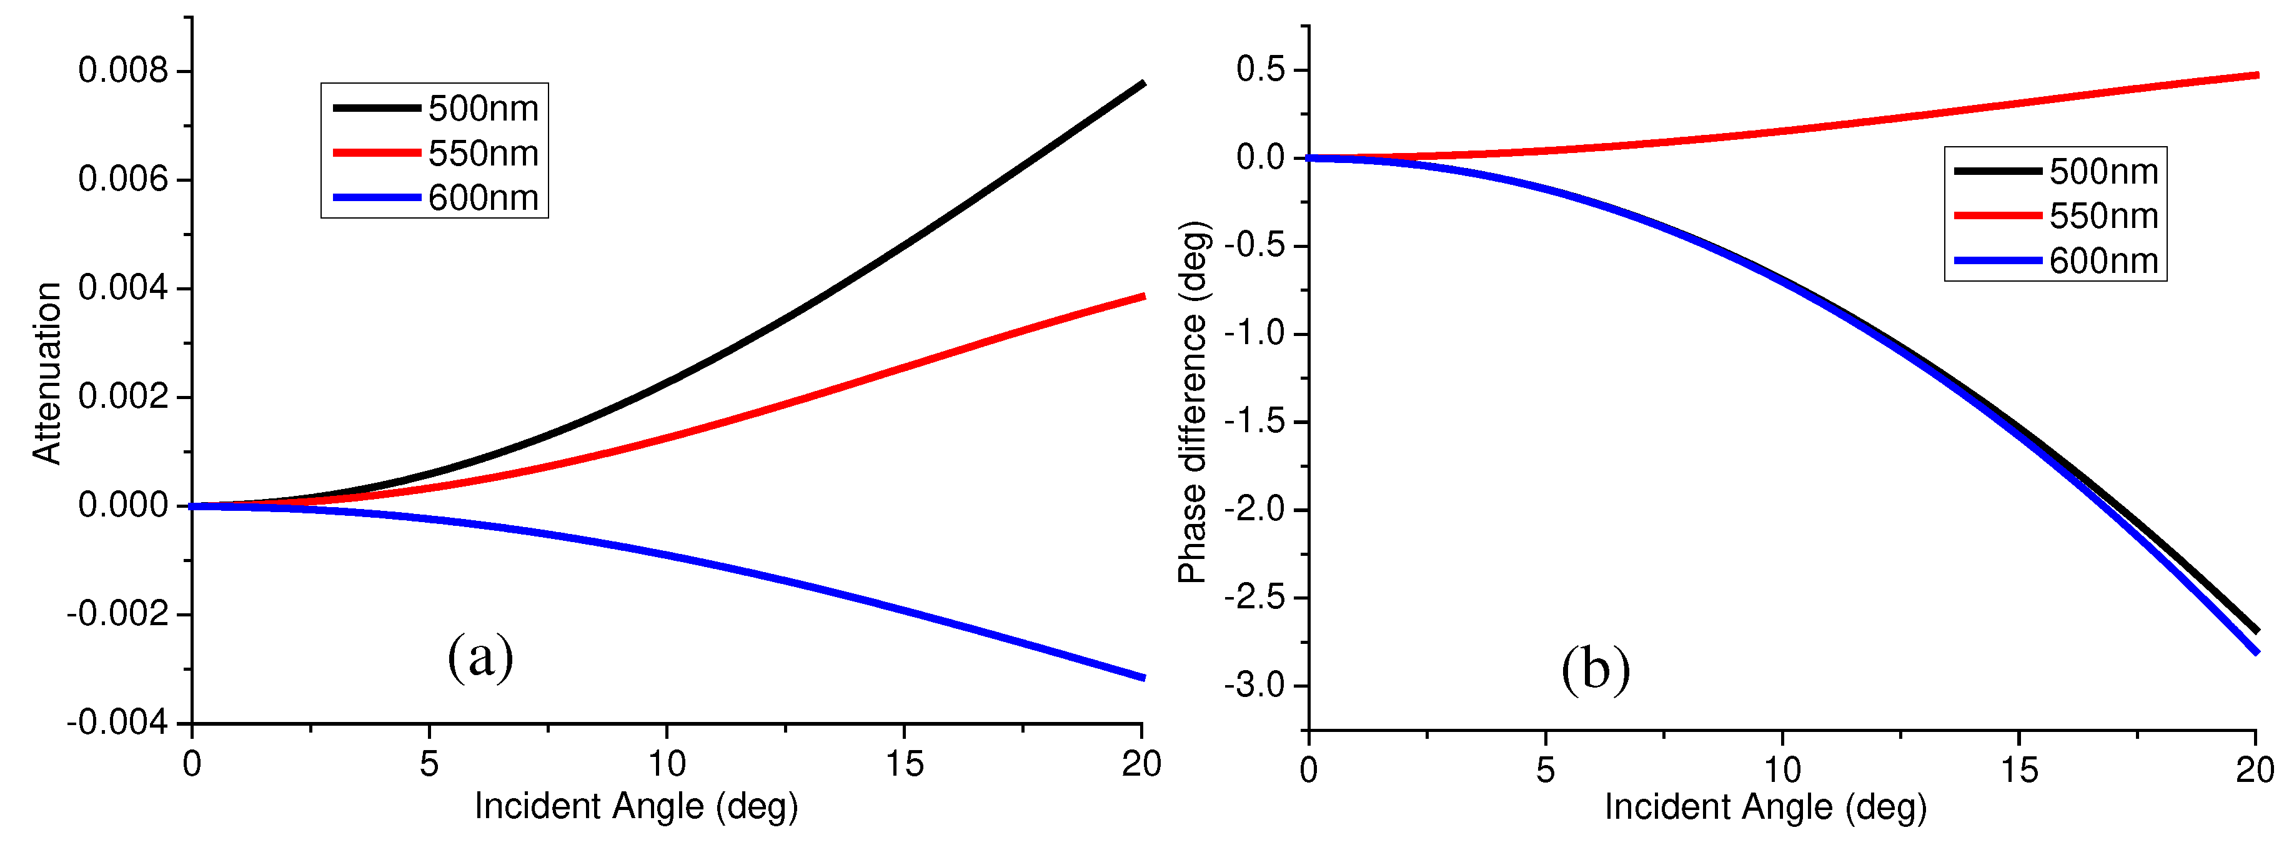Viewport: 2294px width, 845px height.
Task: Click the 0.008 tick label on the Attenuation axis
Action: (123, 71)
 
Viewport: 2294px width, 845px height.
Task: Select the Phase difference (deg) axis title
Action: (1193, 402)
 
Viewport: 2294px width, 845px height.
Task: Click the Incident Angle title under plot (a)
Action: (636, 806)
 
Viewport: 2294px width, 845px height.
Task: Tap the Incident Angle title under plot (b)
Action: (1765, 807)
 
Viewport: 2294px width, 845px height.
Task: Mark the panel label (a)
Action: (480, 656)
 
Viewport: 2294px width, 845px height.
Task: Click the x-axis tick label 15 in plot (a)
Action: (904, 764)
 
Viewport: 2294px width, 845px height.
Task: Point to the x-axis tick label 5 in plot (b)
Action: (1545, 769)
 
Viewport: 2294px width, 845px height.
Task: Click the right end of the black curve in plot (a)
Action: (1143, 84)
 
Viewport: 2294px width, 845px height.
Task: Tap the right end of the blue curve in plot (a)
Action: (1143, 678)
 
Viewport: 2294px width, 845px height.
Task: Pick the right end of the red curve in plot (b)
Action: (2257, 75)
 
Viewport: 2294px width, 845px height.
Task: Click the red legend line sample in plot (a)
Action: (376, 153)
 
